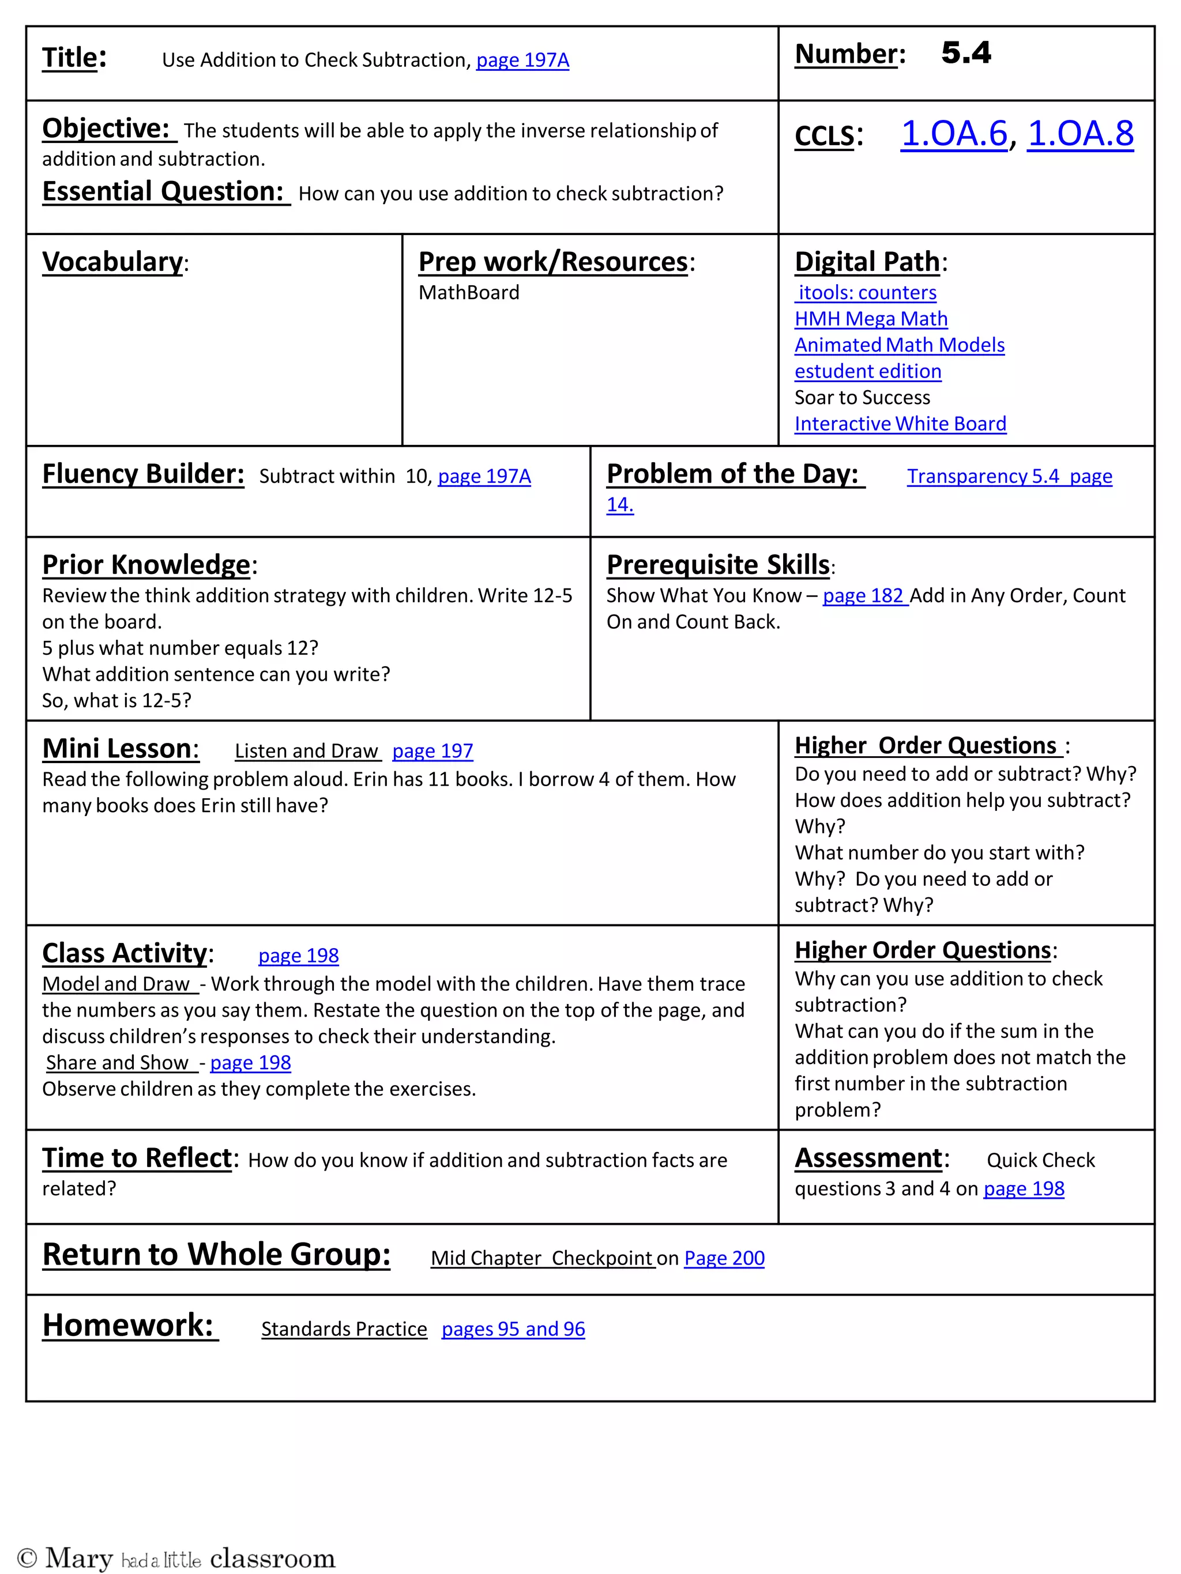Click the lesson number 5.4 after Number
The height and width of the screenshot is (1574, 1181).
(x=965, y=54)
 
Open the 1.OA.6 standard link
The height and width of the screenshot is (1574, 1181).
(x=954, y=134)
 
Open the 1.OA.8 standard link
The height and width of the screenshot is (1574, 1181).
(x=1080, y=134)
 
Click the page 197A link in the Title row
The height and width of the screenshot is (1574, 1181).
(x=522, y=61)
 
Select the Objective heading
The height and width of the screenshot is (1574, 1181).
(x=106, y=129)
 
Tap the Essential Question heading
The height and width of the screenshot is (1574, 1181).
(x=163, y=191)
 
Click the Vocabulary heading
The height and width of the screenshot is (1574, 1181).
(x=112, y=262)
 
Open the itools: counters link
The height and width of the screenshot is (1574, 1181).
(x=866, y=292)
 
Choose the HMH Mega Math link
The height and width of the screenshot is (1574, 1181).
(x=871, y=319)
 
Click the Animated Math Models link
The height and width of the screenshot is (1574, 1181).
(x=899, y=345)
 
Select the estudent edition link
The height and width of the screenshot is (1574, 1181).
(x=867, y=371)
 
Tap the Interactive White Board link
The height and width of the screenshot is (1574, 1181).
(x=900, y=424)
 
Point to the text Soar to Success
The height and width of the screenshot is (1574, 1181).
(x=862, y=397)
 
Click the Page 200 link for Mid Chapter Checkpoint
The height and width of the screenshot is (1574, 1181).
(x=724, y=1258)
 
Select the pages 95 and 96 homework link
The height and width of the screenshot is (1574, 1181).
(x=513, y=1329)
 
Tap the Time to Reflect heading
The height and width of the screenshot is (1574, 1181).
(x=137, y=1158)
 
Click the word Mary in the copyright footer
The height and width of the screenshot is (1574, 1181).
(x=78, y=1558)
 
